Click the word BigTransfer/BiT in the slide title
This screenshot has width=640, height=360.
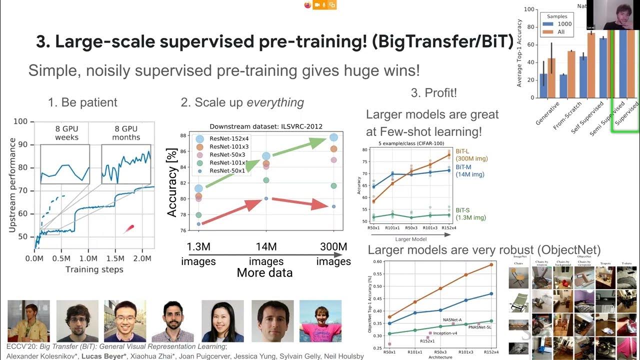tap(443, 42)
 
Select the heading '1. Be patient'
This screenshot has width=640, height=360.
tap(82, 102)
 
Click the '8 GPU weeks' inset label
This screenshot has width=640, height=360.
tap(66, 133)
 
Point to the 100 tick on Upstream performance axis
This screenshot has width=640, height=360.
tap(20, 121)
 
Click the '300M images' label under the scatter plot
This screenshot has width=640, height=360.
tap(333, 253)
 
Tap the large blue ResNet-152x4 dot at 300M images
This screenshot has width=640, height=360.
tap(333, 137)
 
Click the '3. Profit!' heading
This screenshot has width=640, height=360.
tap(433, 92)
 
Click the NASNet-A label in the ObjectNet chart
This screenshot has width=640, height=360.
tap(452, 320)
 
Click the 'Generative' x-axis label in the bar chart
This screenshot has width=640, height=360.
tap(545, 114)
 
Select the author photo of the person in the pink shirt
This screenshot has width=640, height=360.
tap(320, 320)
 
